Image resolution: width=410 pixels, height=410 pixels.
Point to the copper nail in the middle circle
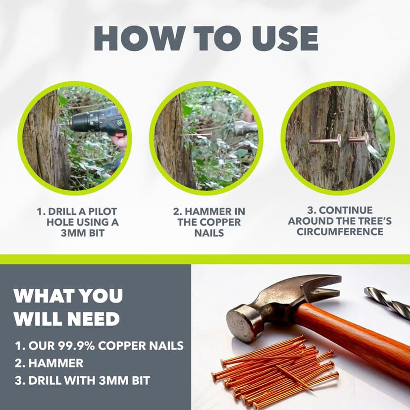coord(196,134)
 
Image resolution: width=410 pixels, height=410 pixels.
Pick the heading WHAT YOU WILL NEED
coord(68,307)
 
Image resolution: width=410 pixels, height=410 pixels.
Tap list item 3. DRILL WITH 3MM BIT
coord(82,381)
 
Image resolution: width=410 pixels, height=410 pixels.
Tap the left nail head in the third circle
coord(338,141)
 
